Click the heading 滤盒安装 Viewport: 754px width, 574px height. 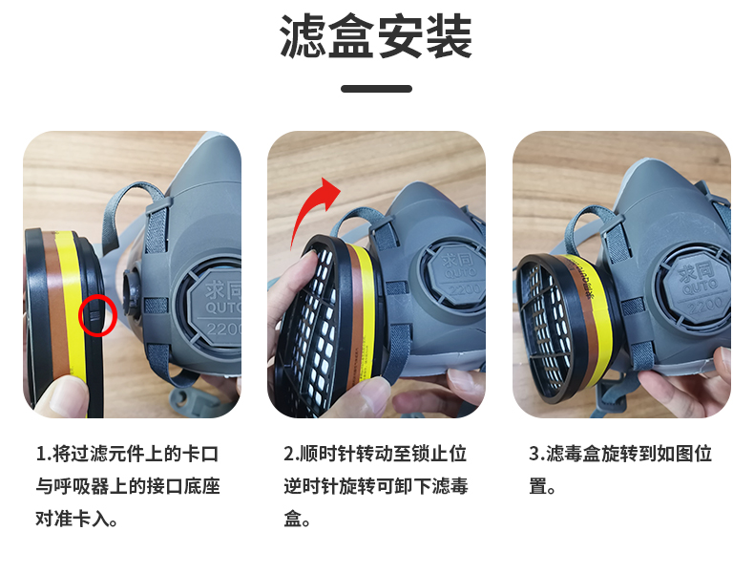(x=376, y=36)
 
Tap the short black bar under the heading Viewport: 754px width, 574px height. (x=376, y=89)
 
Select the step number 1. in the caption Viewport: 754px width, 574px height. (x=44, y=454)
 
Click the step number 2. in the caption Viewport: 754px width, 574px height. (x=291, y=454)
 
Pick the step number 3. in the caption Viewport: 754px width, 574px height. (x=537, y=454)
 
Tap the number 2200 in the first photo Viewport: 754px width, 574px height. (x=224, y=330)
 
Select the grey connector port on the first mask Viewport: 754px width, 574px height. (x=132, y=292)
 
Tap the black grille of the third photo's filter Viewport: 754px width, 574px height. (x=546, y=328)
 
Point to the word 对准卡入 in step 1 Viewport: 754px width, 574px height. (x=72, y=520)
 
